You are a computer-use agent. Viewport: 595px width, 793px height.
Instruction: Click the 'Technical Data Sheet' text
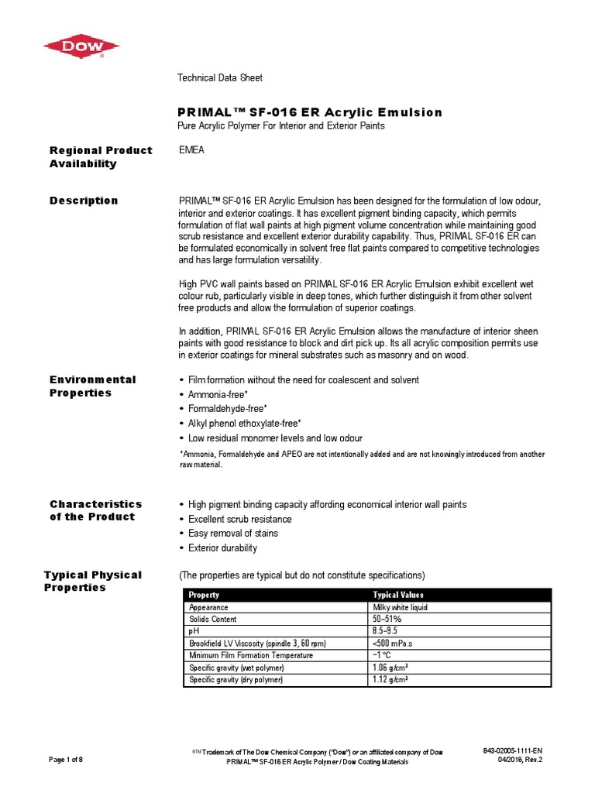pos(220,77)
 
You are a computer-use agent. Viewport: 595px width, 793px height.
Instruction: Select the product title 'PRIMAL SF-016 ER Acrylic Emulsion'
pos(310,112)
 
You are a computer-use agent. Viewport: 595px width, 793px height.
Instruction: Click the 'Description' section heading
pos(84,201)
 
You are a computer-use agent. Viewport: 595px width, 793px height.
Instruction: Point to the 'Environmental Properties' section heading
pos(92,386)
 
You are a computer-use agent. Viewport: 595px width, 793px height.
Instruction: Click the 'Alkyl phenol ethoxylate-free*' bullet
pos(245,424)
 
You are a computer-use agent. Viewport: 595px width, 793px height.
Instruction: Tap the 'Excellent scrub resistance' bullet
pos(240,519)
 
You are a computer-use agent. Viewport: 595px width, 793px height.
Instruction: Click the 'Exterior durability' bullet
pos(223,548)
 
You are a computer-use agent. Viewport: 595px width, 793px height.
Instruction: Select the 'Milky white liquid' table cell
pos(401,607)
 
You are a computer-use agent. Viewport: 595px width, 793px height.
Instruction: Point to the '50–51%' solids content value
pos(388,620)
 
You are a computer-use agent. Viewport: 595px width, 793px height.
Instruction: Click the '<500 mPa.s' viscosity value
pos(396,644)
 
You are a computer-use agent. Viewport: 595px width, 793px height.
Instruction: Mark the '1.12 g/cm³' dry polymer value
pos(391,680)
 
